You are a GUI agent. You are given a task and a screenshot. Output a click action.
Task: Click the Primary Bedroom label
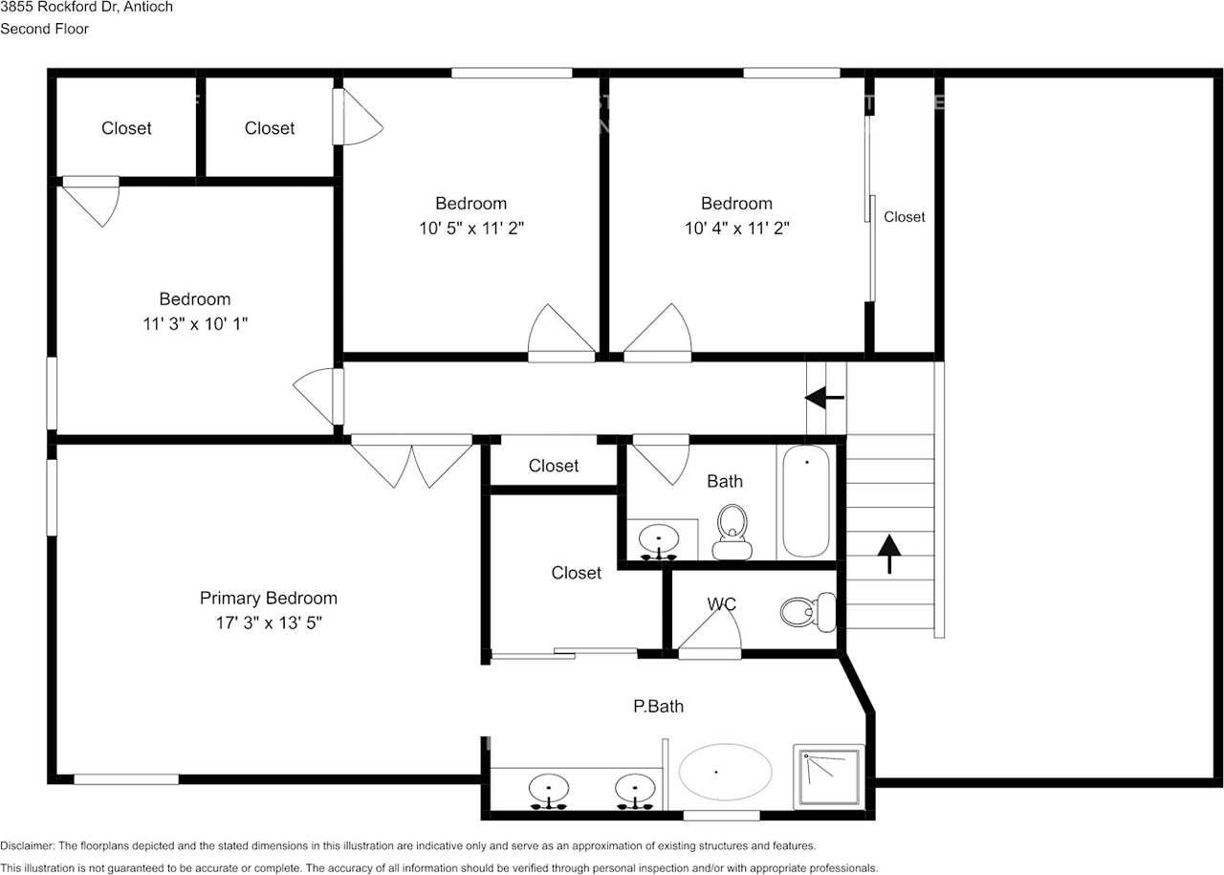(x=269, y=598)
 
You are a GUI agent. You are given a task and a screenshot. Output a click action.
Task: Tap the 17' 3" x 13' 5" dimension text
(x=269, y=623)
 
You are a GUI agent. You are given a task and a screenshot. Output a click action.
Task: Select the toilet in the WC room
(x=808, y=612)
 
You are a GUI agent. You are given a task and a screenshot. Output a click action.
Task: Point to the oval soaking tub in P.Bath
(x=725, y=772)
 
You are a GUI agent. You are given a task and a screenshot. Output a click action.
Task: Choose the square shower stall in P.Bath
(x=829, y=777)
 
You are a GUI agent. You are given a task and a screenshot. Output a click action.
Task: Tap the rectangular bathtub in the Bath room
(x=806, y=501)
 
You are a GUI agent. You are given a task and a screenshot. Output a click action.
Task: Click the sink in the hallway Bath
(x=659, y=542)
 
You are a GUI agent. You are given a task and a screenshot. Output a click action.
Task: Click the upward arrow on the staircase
(x=889, y=554)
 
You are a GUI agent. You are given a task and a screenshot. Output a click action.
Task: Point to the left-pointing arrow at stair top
(x=824, y=397)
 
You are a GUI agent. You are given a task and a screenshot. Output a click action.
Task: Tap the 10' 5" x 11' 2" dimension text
(x=471, y=228)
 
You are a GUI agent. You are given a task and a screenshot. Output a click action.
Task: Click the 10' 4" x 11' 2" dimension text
(x=737, y=228)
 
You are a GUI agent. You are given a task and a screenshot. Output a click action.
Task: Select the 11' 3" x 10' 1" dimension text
(x=195, y=323)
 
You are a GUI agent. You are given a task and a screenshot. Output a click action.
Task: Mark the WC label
(x=721, y=604)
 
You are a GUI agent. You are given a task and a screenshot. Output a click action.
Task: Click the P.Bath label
(x=659, y=706)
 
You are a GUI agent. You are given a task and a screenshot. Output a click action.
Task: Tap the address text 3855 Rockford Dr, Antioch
(x=86, y=7)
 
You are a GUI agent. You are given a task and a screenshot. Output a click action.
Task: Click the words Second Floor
(x=44, y=29)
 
